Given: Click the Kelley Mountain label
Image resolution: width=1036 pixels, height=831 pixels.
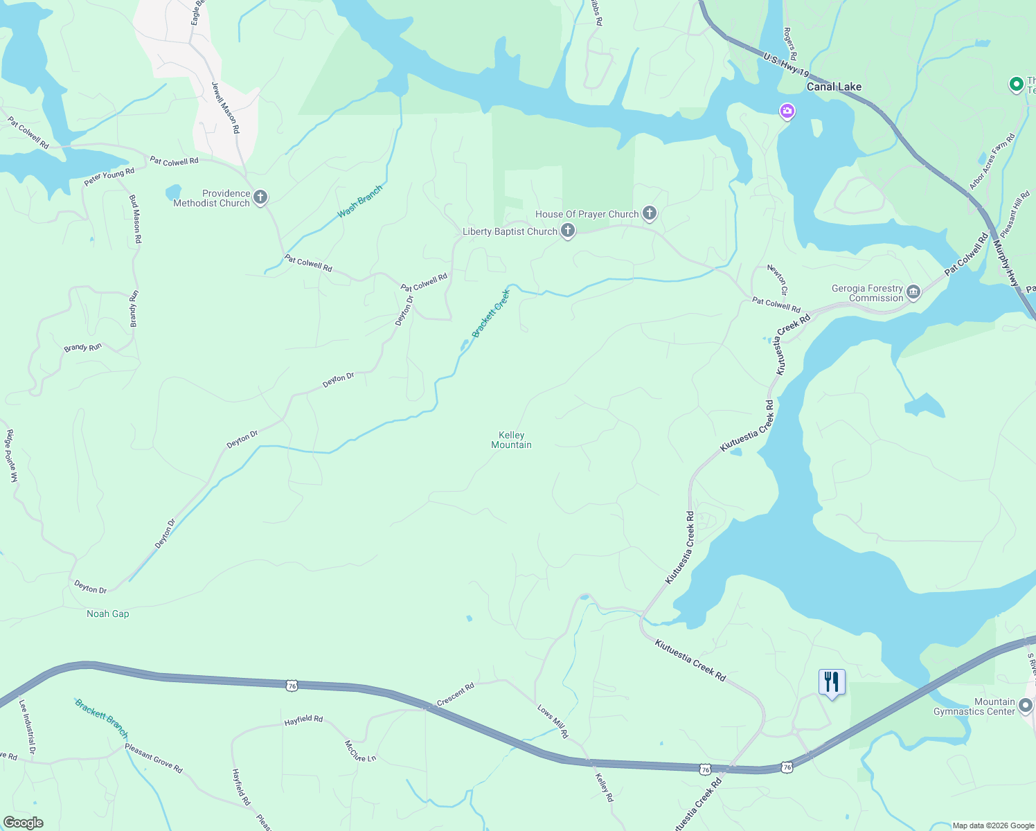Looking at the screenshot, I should pos(511,440).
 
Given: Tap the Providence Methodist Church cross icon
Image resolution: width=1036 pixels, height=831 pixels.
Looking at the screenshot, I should pos(260,197).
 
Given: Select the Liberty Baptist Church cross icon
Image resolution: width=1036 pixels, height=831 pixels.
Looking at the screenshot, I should pos(568,231).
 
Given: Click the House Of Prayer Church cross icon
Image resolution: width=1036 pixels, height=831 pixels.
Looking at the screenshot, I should pos(649,213).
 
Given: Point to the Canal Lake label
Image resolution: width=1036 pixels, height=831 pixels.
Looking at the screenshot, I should pos(834,87).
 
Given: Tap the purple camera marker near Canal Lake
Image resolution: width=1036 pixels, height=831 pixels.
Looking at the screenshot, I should pos(787,111).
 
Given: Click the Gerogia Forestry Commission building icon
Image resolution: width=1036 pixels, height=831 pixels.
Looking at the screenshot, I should pos(913,292).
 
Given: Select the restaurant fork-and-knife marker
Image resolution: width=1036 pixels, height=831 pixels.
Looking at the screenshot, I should pos(831,682).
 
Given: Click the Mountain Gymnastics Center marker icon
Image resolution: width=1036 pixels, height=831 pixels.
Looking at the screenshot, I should pos(1026,706).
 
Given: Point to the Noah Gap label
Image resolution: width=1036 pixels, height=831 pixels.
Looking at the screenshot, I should pos(107,614).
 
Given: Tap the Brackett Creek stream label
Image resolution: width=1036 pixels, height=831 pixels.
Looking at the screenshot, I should pos(490,314).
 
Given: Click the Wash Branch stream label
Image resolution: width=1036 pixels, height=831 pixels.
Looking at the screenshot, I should pos(359,202).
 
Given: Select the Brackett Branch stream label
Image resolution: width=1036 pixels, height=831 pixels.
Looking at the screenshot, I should pos(102,718).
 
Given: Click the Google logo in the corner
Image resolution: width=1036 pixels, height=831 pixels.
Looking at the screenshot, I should pos(23,823).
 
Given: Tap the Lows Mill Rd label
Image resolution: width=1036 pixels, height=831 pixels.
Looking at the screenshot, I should pos(553,721).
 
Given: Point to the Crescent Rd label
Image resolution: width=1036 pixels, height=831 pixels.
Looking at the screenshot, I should pos(456,695).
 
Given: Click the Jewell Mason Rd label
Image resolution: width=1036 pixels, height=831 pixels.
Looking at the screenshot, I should pos(226,107).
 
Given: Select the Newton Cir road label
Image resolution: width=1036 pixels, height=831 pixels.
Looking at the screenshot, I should pos(777,280).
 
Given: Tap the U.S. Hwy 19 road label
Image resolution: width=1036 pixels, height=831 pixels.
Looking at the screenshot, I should pos(786,64).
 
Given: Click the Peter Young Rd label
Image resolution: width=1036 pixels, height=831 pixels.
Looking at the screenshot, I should pos(109,177).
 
